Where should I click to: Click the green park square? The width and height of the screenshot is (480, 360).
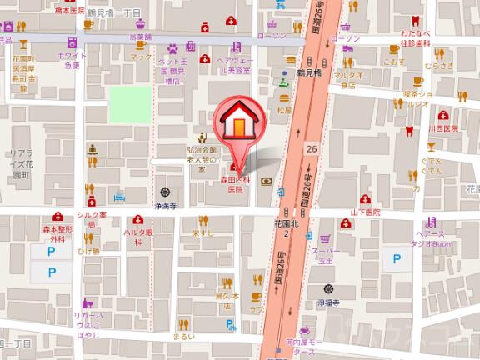point(129,102)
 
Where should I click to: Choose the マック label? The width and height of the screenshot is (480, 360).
point(142,58)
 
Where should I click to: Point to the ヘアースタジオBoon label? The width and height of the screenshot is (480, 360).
point(430,242)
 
